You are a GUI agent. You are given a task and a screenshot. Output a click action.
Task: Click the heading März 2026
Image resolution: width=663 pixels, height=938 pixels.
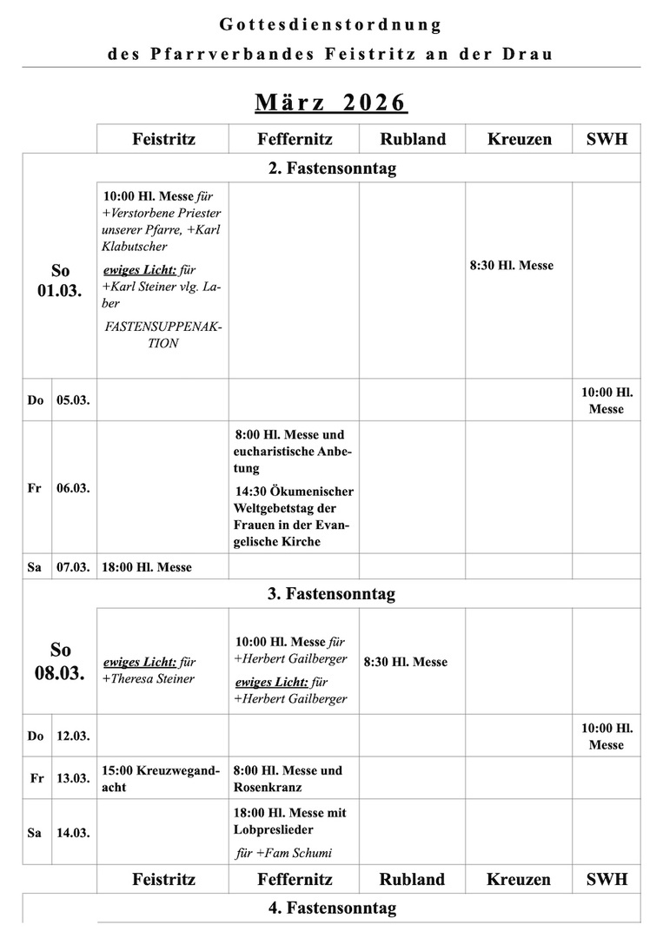(331, 102)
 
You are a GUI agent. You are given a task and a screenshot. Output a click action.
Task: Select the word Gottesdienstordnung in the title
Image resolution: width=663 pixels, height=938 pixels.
(331, 24)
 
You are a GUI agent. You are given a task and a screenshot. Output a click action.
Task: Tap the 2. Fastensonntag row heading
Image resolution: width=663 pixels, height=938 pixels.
(331, 168)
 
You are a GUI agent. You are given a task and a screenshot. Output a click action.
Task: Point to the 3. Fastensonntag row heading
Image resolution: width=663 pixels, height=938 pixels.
(331, 594)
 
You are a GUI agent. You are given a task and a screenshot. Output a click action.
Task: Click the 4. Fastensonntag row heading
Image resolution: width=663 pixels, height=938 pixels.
(331, 908)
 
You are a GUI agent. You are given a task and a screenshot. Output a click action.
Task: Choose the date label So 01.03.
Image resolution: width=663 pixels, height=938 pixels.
(59, 281)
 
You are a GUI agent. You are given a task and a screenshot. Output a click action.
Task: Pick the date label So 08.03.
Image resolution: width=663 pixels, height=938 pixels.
(59, 661)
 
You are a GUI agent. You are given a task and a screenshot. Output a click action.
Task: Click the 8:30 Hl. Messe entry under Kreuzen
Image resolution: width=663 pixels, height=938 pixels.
(511, 266)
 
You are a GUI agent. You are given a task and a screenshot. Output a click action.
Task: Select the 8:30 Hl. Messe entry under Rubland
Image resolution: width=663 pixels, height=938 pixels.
(405, 662)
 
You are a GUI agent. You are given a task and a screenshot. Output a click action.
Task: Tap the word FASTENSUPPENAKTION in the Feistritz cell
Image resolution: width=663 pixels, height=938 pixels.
(162, 334)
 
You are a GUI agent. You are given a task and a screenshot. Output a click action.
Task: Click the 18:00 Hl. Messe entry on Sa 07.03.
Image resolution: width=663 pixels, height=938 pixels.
(147, 567)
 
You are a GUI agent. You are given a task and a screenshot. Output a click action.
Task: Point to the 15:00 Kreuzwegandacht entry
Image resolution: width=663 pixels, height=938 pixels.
(160, 778)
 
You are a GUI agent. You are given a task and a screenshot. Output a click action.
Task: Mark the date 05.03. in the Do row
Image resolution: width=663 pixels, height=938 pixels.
(73, 400)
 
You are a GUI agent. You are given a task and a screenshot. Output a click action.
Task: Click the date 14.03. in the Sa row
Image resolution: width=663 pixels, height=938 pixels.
(73, 832)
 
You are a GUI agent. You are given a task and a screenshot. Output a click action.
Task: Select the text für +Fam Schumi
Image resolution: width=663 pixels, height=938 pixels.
(283, 853)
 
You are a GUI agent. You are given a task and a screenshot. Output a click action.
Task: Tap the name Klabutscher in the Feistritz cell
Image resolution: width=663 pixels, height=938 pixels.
(135, 247)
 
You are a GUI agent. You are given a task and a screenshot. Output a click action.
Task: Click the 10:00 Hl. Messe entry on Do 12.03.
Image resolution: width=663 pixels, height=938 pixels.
(607, 736)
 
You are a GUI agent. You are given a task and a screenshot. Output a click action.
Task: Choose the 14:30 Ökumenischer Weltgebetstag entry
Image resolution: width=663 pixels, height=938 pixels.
(294, 517)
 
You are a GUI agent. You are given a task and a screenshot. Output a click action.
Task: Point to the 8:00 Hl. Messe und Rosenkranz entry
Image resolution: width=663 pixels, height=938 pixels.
(288, 778)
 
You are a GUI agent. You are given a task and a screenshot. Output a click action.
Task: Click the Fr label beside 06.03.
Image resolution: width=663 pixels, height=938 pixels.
(35, 488)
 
